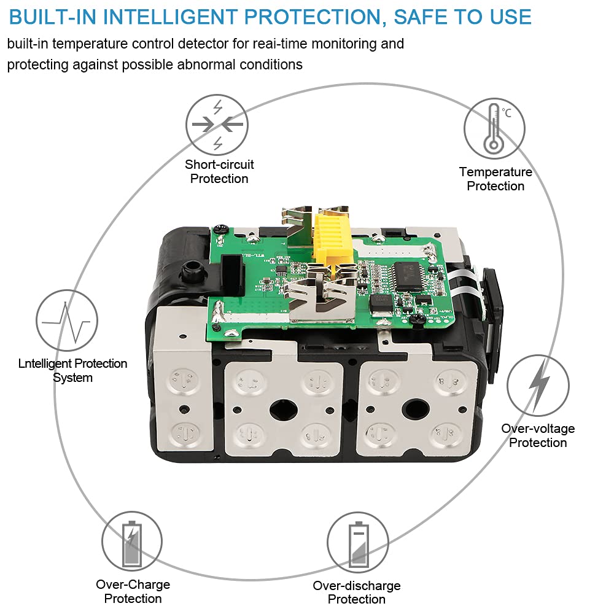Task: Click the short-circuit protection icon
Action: pyautogui.click(x=217, y=125)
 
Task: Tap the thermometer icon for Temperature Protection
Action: pyautogui.click(x=494, y=128)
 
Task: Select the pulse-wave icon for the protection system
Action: pyautogui.click(x=67, y=321)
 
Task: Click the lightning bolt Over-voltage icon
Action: pyautogui.click(x=538, y=386)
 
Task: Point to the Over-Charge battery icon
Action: pyautogui.click(x=132, y=541)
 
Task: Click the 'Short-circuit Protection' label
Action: pyautogui.click(x=219, y=171)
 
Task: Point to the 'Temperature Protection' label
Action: pyautogui.click(x=495, y=179)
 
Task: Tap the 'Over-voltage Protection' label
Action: pyautogui.click(x=538, y=435)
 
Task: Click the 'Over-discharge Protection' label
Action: pyautogui.click(x=357, y=592)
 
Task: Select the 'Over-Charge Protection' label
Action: pyautogui.click(x=133, y=591)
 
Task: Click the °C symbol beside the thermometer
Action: pyautogui.click(x=507, y=113)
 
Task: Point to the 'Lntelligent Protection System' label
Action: pyautogui.click(x=73, y=370)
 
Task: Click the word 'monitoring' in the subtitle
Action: pyautogui.click(x=343, y=44)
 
